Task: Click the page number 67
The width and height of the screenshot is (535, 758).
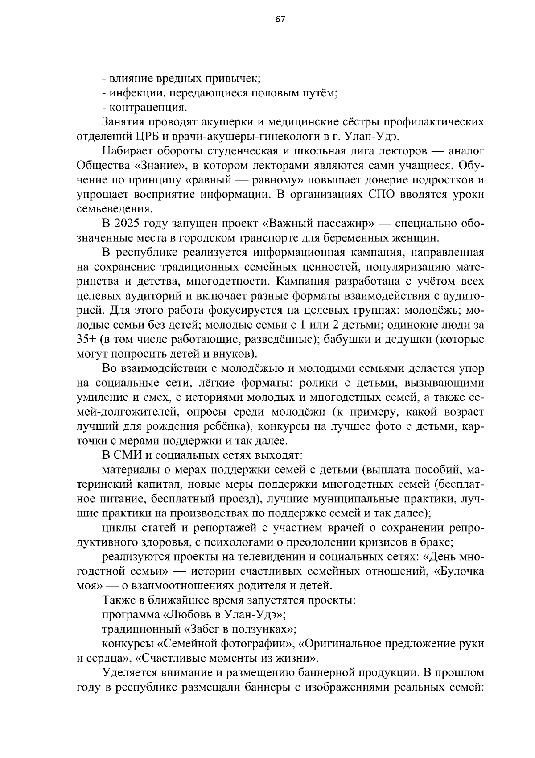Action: point(280,19)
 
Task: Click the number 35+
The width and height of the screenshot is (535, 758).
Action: point(86,339)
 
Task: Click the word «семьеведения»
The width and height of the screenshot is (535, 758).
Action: point(114,209)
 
